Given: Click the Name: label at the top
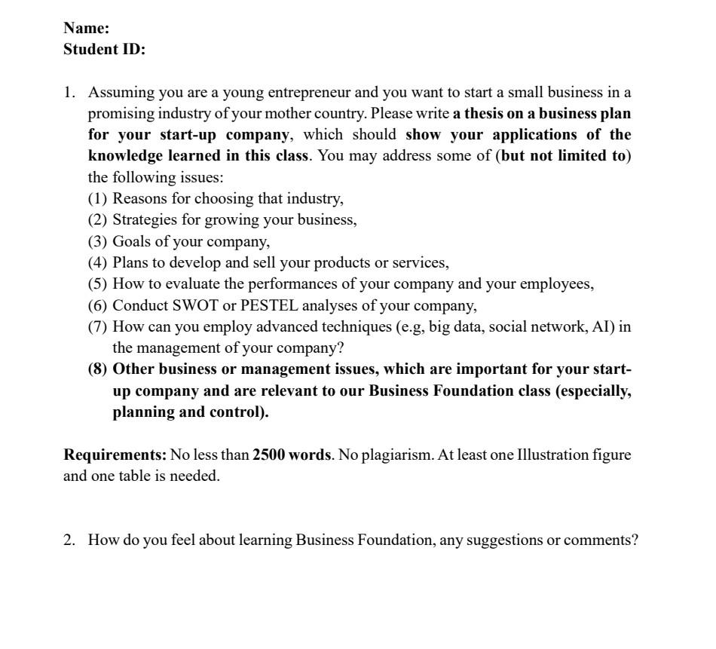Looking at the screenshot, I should pyautogui.click(x=86, y=29).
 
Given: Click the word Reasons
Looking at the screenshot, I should pyautogui.click(x=141, y=199).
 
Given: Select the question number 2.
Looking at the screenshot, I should pyautogui.click(x=69, y=540).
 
